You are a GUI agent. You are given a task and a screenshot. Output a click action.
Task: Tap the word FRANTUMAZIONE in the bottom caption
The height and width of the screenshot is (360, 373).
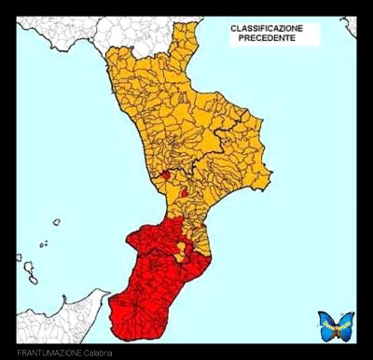(x=48, y=353)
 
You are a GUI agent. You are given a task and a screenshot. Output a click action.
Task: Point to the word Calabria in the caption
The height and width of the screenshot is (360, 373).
(x=99, y=353)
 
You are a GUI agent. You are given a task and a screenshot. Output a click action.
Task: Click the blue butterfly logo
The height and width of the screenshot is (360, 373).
(x=336, y=325)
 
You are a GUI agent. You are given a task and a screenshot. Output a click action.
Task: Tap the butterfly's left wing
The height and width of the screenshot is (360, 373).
(x=326, y=325)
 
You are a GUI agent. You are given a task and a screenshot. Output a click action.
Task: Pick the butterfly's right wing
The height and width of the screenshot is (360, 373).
(x=345, y=325)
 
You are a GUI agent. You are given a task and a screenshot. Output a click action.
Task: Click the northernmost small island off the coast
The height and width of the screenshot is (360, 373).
(x=56, y=222)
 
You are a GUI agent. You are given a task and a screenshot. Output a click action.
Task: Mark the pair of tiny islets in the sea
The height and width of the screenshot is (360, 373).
(x=44, y=244)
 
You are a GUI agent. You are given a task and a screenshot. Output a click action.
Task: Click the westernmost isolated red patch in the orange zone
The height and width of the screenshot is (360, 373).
(x=164, y=173)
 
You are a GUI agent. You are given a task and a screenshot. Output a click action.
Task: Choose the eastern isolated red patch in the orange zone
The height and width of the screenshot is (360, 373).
(x=185, y=193)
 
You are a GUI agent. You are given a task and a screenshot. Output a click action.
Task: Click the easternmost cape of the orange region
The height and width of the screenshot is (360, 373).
(x=269, y=177)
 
